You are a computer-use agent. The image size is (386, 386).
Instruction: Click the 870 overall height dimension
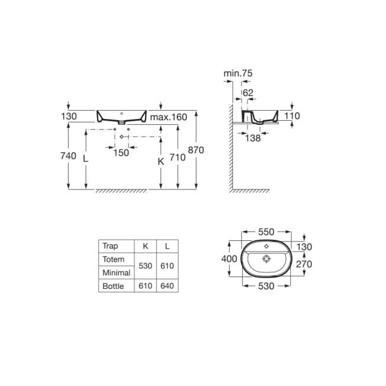click(x=196, y=150)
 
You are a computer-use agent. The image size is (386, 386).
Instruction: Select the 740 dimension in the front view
click(x=69, y=156)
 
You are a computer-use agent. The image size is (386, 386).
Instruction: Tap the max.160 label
click(x=168, y=117)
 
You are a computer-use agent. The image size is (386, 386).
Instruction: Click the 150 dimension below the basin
click(x=121, y=153)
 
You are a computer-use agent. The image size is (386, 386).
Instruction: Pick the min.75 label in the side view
click(x=238, y=73)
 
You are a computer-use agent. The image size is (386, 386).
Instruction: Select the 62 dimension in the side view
click(x=247, y=92)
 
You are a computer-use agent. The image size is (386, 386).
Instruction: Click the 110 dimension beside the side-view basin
click(x=292, y=116)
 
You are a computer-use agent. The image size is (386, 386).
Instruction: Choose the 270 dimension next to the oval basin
click(x=304, y=264)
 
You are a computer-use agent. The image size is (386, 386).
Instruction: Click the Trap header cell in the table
click(x=111, y=246)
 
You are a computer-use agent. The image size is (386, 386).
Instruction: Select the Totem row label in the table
click(x=114, y=259)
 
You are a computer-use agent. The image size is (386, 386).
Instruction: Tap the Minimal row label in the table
click(x=115, y=273)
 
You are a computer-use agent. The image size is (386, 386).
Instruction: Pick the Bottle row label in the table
click(x=114, y=286)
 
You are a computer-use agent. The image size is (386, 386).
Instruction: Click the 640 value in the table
click(x=167, y=286)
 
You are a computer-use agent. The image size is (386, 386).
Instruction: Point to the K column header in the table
click(x=146, y=246)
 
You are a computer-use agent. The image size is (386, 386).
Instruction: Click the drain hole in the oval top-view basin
click(x=266, y=258)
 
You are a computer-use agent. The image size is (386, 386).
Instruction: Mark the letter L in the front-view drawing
click(x=86, y=159)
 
